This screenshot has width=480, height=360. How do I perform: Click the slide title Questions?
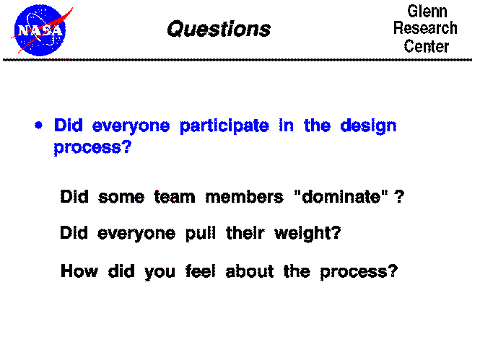pos(218,29)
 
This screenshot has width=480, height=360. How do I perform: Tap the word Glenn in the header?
pos(427,12)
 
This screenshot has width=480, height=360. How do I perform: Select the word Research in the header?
pos(426,29)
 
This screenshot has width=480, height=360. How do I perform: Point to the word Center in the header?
pos(426,46)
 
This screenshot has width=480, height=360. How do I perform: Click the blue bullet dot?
pos(38,125)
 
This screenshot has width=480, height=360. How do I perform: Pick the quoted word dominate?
pos(338,197)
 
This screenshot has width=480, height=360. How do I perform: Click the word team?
pos(174,197)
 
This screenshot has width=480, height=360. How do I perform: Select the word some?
pos(121,197)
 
